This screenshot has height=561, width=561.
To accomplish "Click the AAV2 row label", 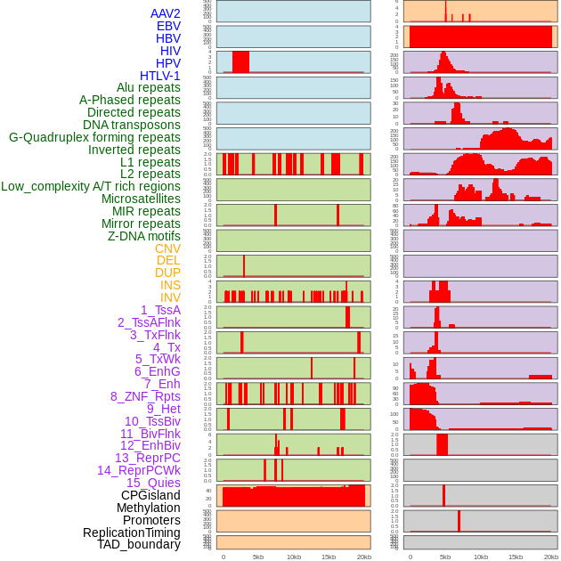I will tap(165, 13).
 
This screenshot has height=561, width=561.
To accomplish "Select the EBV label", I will tap(168, 26).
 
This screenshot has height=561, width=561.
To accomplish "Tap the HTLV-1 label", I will tap(159, 76).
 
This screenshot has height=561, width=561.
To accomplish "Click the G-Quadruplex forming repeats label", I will tap(94, 137).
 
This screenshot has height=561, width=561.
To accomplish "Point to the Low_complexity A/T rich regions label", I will tap(91, 186).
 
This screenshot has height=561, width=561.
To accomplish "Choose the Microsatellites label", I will tap(141, 199).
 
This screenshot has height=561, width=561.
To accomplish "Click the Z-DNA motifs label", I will tap(143, 236).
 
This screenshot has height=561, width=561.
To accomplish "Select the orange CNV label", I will tap(167, 248).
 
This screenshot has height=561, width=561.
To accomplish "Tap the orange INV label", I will tap(170, 297).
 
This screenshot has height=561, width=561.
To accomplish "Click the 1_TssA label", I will tap(160, 310).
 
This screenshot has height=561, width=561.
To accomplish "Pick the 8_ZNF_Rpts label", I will tap(145, 396).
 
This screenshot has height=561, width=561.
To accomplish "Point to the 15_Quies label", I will tap(153, 483).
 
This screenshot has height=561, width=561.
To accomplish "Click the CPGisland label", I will tap(150, 495).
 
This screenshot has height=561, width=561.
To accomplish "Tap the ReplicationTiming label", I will tap(131, 533).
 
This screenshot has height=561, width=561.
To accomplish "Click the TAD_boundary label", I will tap(138, 544).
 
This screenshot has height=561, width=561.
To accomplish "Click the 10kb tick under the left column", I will tap(293, 557).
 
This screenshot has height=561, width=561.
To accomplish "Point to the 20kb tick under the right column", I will tap(551, 557).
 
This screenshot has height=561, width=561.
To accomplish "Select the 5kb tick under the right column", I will tap(445, 557).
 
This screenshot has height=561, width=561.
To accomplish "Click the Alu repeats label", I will tap(148, 87).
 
